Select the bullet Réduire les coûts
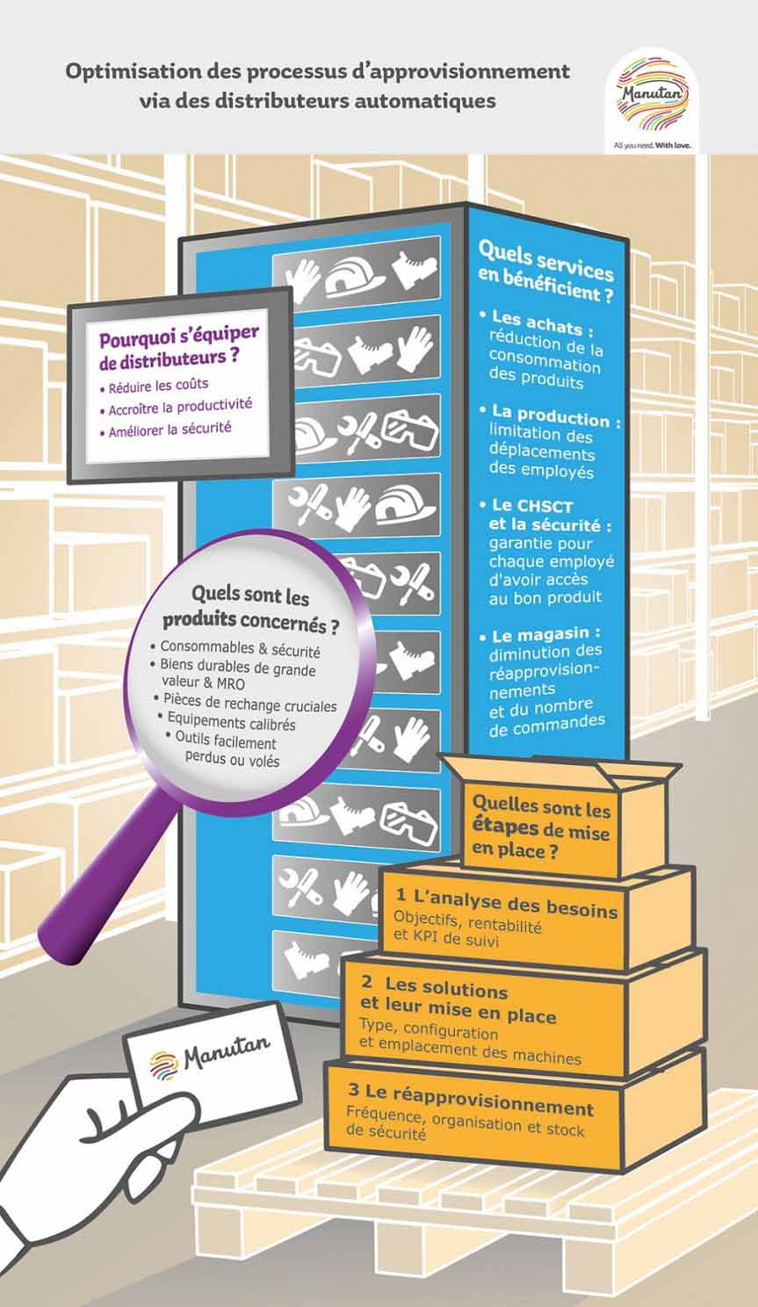pos(158,386)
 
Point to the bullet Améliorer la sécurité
pos(170,430)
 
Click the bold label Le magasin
pos(545,634)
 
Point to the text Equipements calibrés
pos(231,723)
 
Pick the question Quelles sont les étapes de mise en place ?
pos(540,826)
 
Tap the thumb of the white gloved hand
pos(162,1111)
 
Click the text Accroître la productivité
pos(180,408)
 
